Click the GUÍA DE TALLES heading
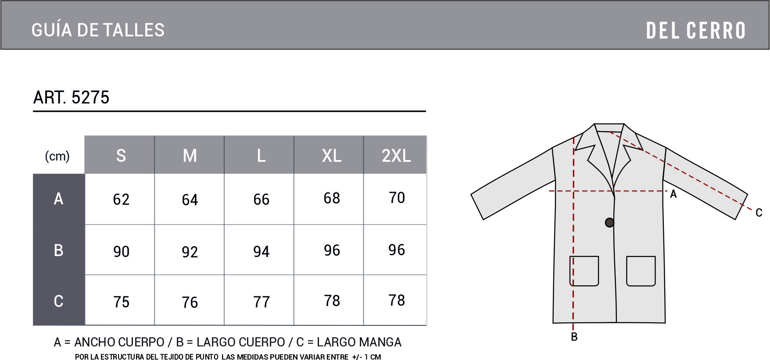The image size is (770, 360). click(x=98, y=30)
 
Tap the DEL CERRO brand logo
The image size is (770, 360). click(x=696, y=31)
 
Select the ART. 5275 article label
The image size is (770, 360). click(x=71, y=97)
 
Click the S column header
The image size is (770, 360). click(x=121, y=156)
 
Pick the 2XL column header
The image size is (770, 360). click(x=396, y=156)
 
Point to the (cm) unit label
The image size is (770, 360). click(x=57, y=156)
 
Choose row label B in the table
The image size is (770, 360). click(x=58, y=250)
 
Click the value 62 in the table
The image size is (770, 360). click(x=121, y=200)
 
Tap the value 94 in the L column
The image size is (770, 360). click(x=261, y=251)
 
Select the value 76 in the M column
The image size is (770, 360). click(x=190, y=302)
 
